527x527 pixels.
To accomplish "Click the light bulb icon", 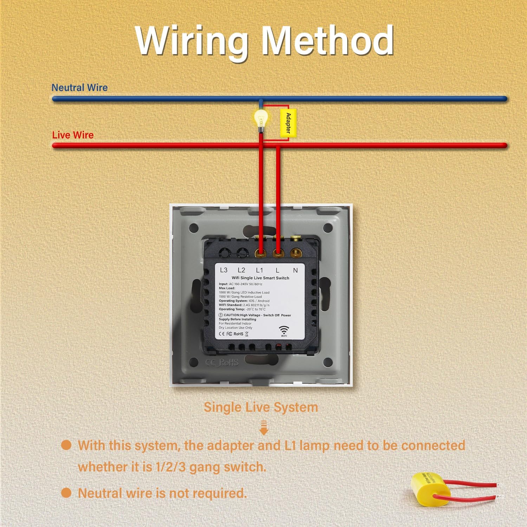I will point(261,119).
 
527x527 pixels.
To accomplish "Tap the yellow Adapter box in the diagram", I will point(288,123).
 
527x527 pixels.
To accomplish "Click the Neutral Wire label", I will point(79,87).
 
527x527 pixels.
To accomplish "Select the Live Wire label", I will point(73,135).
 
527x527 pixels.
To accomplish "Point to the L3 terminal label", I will point(223,270).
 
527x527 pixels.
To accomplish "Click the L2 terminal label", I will point(241,270).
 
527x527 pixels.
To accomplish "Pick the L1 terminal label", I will point(259,270).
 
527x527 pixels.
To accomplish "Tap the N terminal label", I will point(295,270).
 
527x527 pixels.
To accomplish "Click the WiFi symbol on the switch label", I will point(284,330).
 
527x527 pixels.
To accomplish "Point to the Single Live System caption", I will point(261,407).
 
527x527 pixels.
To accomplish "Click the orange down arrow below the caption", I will point(264,428).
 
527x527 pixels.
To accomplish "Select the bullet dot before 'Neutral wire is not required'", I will point(66,493).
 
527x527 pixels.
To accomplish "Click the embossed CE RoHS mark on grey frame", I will point(222,363).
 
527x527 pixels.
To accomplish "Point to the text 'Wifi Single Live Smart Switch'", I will point(260,278).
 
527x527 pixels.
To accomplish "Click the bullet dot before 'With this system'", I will point(66,445).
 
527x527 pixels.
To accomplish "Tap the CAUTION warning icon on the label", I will point(221,315).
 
